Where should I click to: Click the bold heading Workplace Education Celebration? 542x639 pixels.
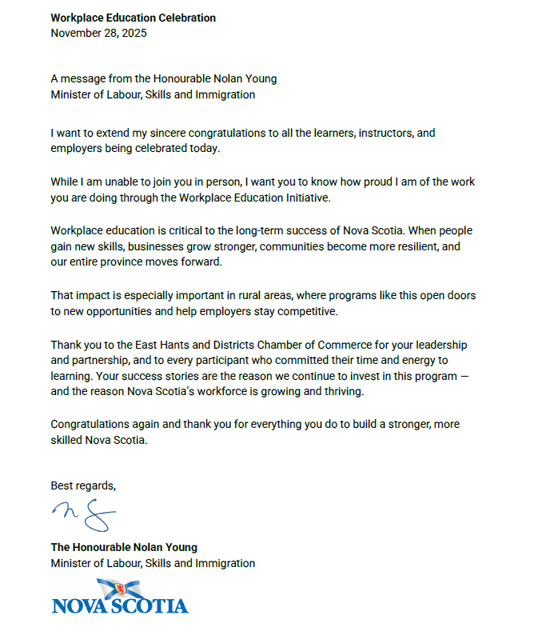tap(133, 18)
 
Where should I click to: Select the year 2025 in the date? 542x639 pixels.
tap(133, 33)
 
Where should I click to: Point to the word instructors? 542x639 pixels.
tap(354, 133)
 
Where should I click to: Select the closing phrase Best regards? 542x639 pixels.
tap(83, 485)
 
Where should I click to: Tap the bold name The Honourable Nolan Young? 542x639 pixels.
tap(124, 547)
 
